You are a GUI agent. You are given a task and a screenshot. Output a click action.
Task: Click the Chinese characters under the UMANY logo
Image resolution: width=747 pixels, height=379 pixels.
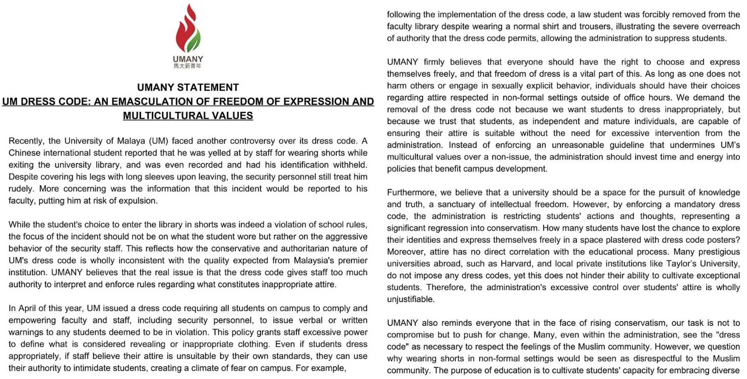pyautogui.click(x=188, y=66)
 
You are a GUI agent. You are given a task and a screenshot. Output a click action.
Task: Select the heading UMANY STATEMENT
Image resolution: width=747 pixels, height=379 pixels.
pyautogui.click(x=188, y=87)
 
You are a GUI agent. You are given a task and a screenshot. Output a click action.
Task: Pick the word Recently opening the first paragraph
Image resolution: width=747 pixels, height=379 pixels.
pyautogui.click(x=27, y=141)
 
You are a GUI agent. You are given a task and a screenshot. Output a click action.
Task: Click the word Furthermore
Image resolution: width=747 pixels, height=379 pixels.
pyautogui.click(x=410, y=193)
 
